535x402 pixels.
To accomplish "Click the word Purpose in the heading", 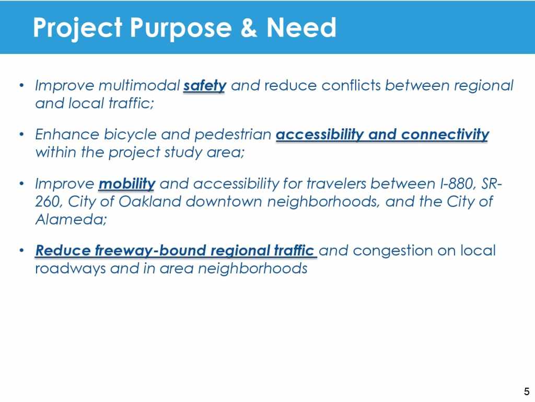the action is tap(181, 28).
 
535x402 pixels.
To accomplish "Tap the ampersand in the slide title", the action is tap(249, 27).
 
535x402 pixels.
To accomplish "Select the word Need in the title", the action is tap(301, 27).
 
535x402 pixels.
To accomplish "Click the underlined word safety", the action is tap(205, 86).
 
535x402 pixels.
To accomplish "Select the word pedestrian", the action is tap(232, 135).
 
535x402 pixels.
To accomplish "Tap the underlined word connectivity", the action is tap(445, 135).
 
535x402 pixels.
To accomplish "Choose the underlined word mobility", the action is tap(127, 184).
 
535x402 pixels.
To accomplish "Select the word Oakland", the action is tap(150, 202).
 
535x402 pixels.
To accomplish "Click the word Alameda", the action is tap(71, 219).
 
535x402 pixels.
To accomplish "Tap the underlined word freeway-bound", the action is tap(150, 251).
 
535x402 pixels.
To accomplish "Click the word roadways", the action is tap(71, 269).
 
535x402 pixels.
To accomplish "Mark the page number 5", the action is tap(527, 392).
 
